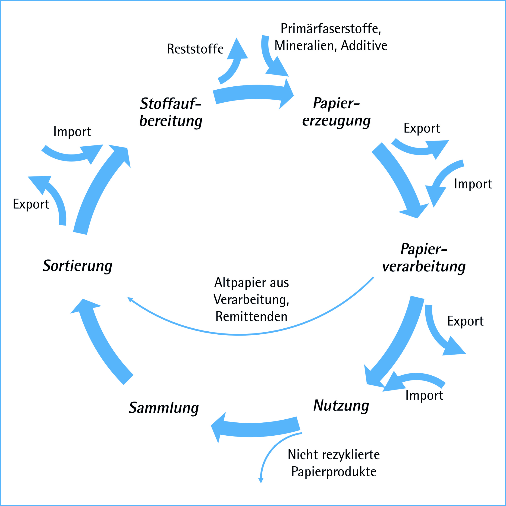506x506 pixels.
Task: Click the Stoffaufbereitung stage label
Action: click(171, 112)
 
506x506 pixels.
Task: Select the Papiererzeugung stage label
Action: click(336, 112)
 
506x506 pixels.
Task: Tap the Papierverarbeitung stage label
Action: click(424, 258)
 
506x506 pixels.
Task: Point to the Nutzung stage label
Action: click(341, 406)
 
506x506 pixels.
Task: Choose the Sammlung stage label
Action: click(164, 408)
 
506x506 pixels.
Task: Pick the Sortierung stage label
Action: click(78, 266)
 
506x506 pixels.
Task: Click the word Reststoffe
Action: click(195, 49)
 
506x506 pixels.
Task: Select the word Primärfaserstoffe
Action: click(330, 28)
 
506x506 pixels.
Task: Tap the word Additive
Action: click(364, 46)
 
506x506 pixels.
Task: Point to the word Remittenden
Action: click(251, 316)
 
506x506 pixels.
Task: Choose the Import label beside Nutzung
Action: click(424, 395)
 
